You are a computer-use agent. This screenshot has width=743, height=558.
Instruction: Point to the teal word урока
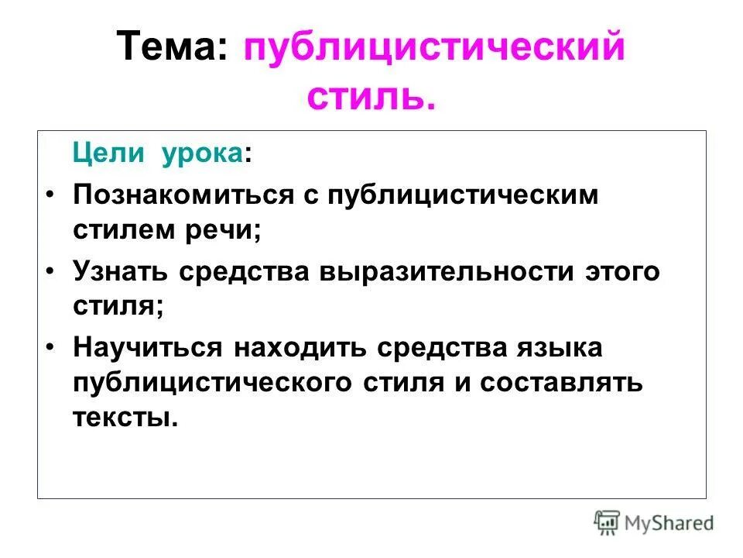coord(202,153)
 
